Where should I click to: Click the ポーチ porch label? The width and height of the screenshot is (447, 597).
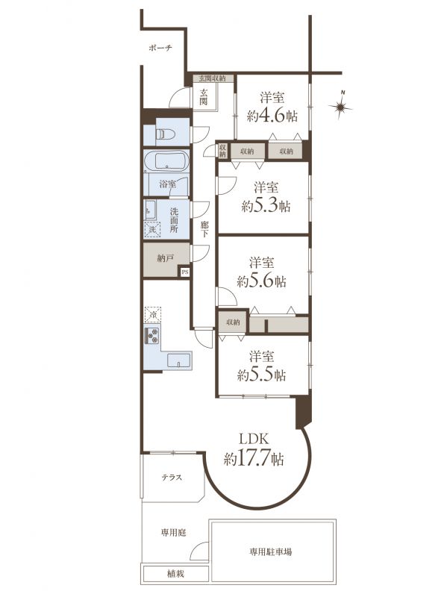point(160,48)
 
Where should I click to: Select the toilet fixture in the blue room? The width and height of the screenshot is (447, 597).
point(166,134)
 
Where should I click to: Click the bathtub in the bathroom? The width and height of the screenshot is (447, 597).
point(166,160)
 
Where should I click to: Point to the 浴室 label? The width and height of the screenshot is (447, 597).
point(167,184)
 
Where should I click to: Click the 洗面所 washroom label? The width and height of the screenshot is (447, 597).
point(174,220)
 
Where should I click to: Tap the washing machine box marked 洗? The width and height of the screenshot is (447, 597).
point(152,230)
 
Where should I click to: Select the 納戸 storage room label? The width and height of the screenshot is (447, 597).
point(165,258)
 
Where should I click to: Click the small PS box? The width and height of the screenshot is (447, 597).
point(185,272)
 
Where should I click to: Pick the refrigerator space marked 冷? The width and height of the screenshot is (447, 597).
point(153,315)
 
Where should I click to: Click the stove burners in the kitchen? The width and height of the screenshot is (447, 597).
point(152,335)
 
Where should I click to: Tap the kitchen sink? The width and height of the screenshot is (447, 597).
point(178,360)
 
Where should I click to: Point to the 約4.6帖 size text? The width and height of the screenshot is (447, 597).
point(272,116)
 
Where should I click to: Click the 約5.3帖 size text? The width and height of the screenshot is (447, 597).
point(266,207)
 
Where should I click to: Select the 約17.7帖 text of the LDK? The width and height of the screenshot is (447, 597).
point(254,459)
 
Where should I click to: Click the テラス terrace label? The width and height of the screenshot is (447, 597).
point(172,478)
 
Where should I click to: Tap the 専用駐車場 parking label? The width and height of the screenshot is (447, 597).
point(271,551)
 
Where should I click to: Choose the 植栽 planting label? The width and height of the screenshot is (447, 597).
point(175,573)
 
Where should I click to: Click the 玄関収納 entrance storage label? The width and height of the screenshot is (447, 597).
point(210,78)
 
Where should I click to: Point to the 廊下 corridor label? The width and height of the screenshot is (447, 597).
point(204,229)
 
